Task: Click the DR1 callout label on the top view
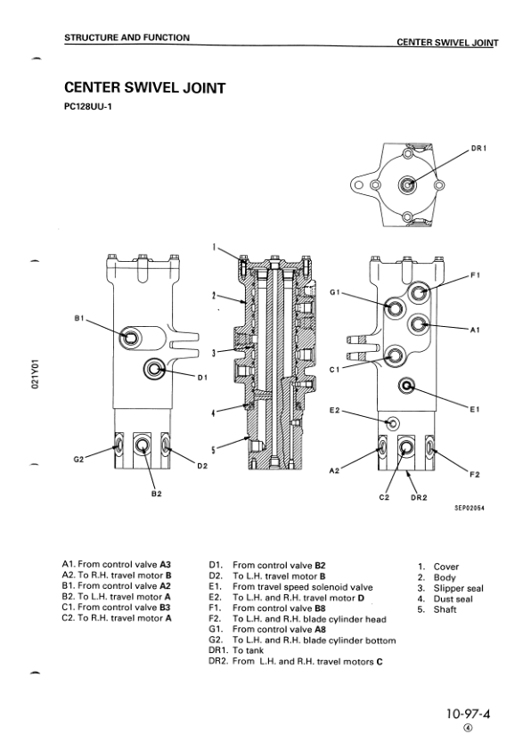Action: click(478, 148)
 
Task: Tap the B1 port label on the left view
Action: click(78, 318)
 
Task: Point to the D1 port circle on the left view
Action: click(154, 368)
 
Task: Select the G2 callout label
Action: click(78, 459)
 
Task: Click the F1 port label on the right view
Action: click(475, 274)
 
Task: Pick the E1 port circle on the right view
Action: click(406, 387)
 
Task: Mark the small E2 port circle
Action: click(392, 424)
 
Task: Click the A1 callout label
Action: click(475, 330)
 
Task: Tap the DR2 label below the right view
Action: click(419, 497)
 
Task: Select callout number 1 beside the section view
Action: click(214, 247)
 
